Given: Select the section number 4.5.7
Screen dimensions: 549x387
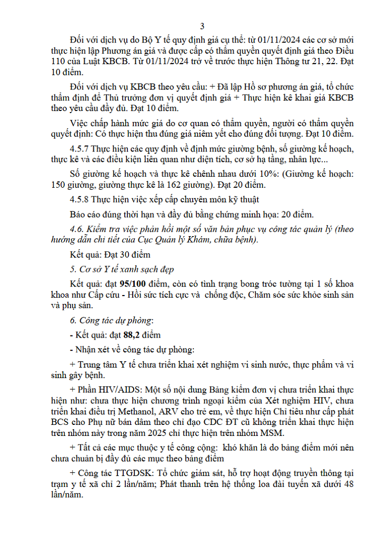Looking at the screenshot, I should point(81,149).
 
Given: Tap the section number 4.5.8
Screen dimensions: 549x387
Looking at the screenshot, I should point(81,199).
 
